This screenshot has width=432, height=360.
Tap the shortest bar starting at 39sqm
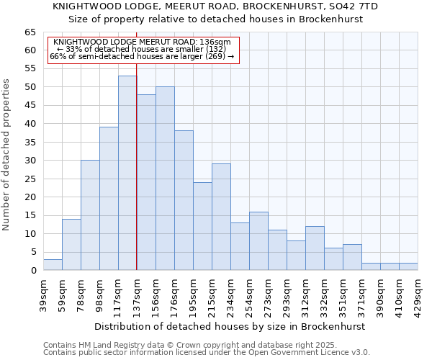(53, 265)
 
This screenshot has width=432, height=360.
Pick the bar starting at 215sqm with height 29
(221, 217)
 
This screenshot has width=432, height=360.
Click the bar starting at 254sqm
(258, 240)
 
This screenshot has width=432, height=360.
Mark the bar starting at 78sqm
(90, 215)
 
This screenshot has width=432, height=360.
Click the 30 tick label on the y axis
(30, 161)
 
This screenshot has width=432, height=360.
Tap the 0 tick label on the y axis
(33, 271)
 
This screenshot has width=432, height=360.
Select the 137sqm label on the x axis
(137, 292)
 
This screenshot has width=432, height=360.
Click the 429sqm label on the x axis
(418, 292)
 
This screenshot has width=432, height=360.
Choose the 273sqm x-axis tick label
(268, 292)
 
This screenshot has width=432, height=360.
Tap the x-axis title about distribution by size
(230, 326)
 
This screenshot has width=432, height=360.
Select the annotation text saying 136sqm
(142, 42)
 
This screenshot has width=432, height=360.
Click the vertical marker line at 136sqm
(136, 180)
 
